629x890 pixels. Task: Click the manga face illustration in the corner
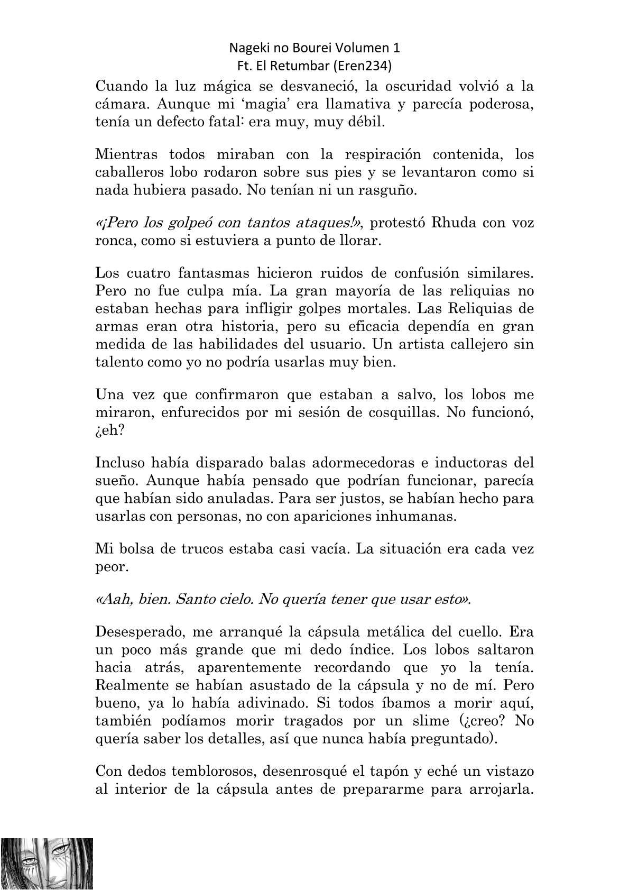[47, 863]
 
